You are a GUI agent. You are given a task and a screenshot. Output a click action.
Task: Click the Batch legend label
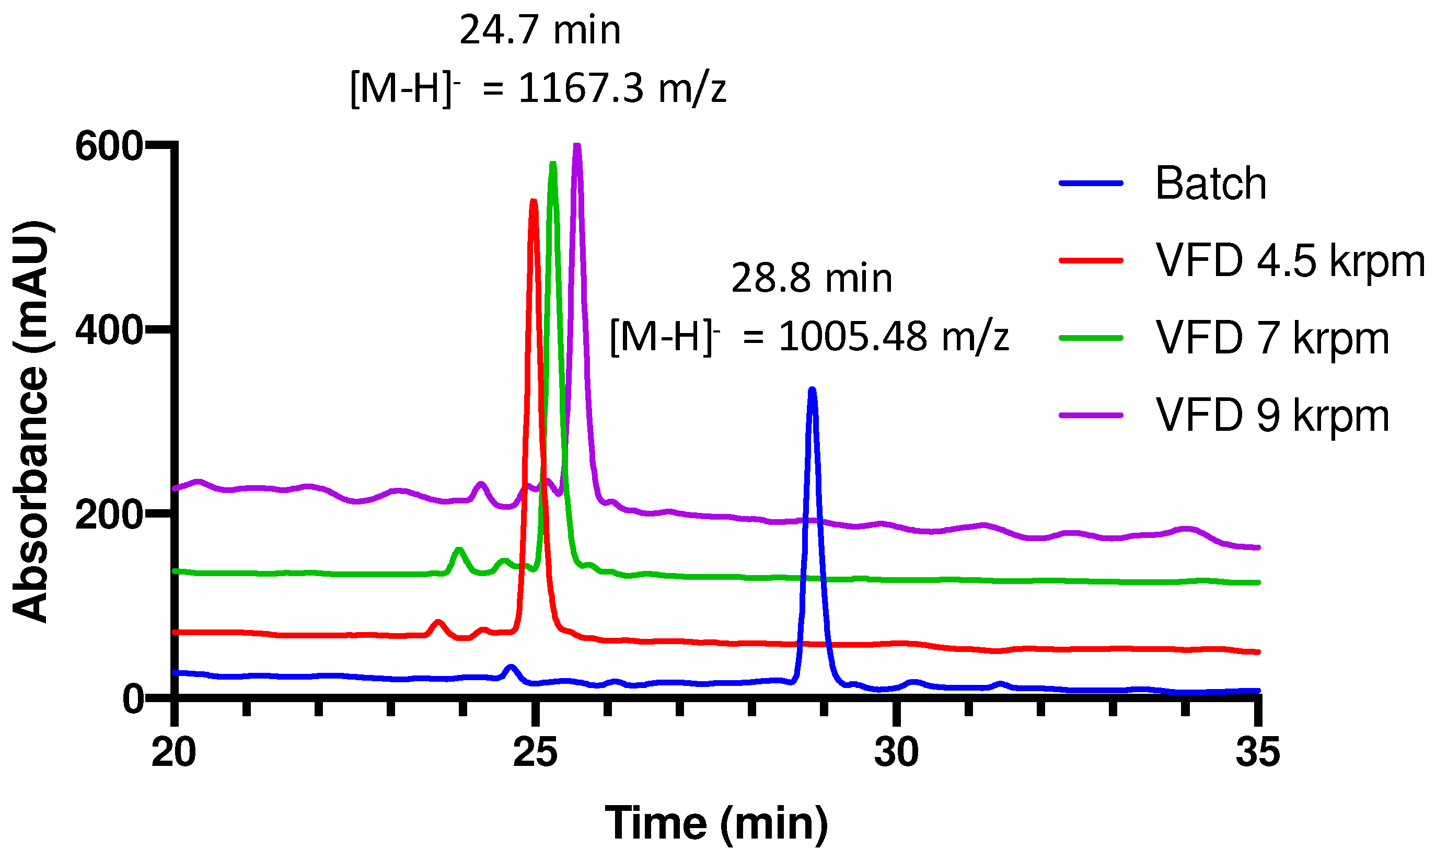coord(1210,184)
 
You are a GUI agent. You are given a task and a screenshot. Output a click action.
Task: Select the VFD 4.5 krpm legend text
coord(1290,261)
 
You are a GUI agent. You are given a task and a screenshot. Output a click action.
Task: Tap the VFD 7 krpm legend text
coord(1272,338)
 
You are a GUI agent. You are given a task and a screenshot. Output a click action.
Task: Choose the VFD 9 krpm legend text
coord(1272,416)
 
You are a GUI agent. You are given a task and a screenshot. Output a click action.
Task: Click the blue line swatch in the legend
coord(1091,183)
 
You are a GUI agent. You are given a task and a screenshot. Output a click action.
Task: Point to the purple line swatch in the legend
coord(1091,415)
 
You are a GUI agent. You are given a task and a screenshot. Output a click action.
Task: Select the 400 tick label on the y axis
coord(109,331)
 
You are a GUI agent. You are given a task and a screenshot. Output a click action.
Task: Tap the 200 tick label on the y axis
coord(109,514)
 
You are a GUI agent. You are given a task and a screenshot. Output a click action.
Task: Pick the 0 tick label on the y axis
coord(133,700)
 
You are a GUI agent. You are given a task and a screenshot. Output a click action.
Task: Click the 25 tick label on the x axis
coord(535,752)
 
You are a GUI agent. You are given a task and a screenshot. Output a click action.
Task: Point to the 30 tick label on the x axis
coord(896,752)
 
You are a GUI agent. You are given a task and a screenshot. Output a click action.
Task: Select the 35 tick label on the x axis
coord(1258,752)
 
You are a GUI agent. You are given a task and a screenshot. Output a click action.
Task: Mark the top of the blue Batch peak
coord(812,390)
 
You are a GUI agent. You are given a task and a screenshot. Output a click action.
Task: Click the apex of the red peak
coord(534,201)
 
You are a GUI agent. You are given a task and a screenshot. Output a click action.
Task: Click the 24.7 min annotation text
coord(540,30)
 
